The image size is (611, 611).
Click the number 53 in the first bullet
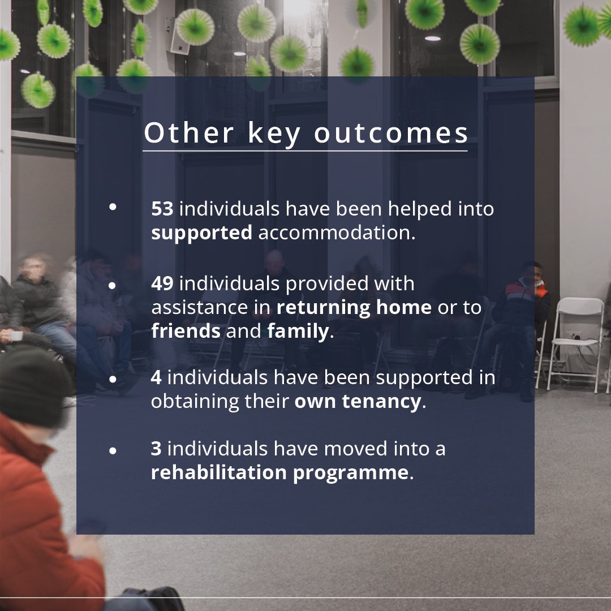162,209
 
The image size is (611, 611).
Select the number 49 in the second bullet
162,283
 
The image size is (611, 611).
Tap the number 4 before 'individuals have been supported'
156,377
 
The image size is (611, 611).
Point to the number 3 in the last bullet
156,449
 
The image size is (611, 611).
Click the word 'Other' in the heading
188,134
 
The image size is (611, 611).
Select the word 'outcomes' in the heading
391,134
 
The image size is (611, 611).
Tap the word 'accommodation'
337,233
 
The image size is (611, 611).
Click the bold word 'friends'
186,331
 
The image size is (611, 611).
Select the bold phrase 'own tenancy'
358,402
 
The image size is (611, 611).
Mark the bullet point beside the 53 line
113,207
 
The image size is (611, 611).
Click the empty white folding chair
575,339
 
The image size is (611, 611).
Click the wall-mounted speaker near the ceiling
179,36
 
